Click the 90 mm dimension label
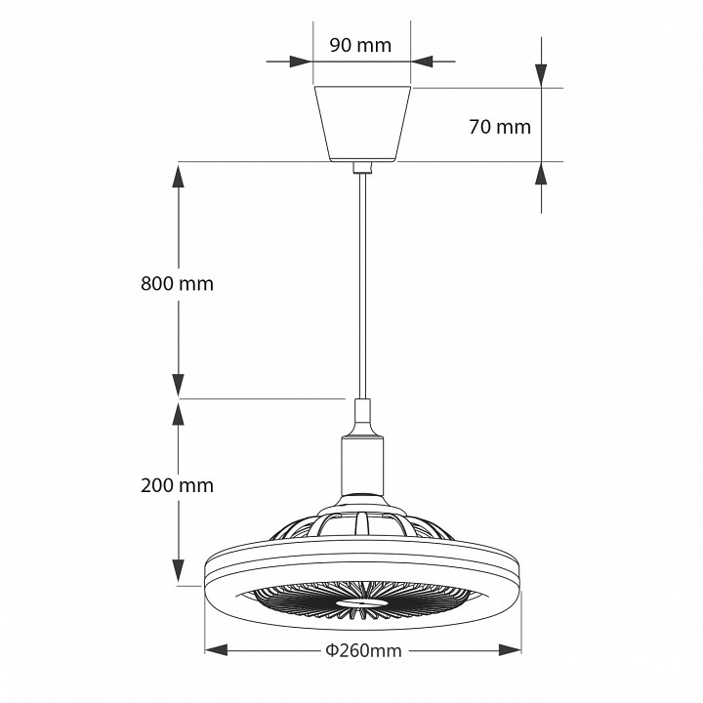(360, 45)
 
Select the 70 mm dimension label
(499, 126)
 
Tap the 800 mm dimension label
(176, 284)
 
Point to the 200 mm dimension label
(176, 485)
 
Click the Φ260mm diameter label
(363, 650)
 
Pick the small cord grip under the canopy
(361, 168)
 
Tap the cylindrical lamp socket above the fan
(361, 464)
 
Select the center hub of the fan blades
(361, 605)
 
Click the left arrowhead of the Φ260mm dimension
(215, 650)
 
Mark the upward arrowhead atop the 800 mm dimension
(178, 176)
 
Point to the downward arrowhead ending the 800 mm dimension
(178, 385)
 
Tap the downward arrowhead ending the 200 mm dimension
(178, 573)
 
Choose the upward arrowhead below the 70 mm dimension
(541, 174)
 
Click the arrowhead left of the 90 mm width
(301, 62)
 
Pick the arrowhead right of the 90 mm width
(422, 62)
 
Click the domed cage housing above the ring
(361, 524)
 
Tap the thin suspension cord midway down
(361, 283)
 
